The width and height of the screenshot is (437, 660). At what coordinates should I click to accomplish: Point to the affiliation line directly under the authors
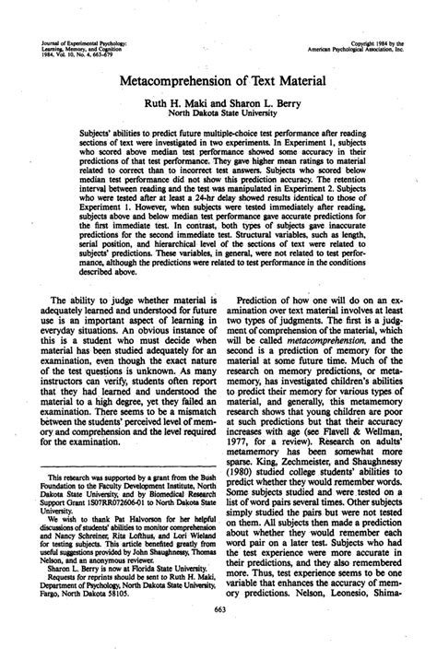tap(218, 117)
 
